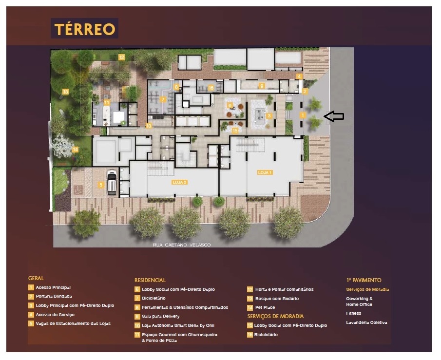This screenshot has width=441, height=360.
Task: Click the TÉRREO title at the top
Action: click(x=85, y=29)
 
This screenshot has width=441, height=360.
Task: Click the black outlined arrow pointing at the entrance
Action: click(x=334, y=116)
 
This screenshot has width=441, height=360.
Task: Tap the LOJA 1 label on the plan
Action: click(x=265, y=172)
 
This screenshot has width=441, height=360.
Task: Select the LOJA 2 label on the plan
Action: click(x=179, y=182)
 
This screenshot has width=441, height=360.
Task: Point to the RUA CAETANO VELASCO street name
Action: click(x=181, y=245)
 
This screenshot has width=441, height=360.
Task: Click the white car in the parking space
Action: click(x=112, y=182)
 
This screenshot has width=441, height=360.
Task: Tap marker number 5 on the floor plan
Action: click(x=100, y=185)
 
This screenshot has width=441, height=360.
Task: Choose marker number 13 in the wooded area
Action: click(x=65, y=91)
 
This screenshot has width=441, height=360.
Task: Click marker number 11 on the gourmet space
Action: click(x=106, y=102)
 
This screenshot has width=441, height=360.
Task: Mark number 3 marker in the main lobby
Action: click(x=268, y=115)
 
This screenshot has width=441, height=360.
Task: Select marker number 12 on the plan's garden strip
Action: click(x=121, y=57)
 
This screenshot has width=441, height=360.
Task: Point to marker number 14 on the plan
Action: click(x=75, y=150)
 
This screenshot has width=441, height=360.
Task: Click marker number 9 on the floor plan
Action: click(x=262, y=86)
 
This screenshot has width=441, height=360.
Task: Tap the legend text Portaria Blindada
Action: click(x=54, y=296)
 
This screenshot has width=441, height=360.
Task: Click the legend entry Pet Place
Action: click(x=265, y=307)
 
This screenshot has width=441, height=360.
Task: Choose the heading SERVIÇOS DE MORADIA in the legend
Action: click(x=275, y=317)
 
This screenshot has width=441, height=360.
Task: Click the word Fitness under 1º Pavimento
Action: click(x=353, y=313)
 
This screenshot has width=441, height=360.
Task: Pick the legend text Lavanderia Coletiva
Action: click(x=366, y=322)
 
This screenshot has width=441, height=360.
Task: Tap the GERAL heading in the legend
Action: click(x=36, y=278)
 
